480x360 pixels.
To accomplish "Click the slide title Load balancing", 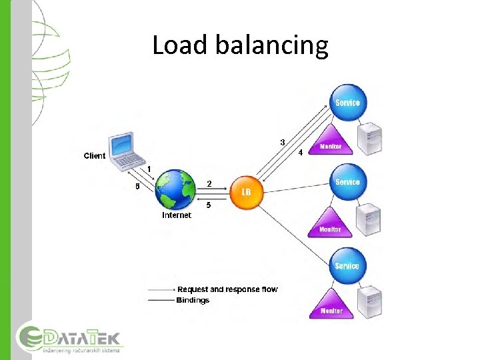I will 240,45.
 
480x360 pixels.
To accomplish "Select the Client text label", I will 94,156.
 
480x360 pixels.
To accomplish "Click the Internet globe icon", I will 177,189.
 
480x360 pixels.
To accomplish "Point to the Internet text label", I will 177,215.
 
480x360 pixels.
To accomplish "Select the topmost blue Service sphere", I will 347,101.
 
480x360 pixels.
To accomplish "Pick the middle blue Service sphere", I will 347,181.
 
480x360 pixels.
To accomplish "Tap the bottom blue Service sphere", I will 347,265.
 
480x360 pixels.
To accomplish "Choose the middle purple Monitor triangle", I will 330,223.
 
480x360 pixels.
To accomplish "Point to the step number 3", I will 283,142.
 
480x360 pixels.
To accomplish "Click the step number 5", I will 209,205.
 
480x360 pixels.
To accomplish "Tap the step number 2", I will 209,183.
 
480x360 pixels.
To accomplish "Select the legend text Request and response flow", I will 227,289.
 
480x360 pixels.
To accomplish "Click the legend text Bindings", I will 193,300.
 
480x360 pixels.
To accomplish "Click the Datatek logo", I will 69,339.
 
